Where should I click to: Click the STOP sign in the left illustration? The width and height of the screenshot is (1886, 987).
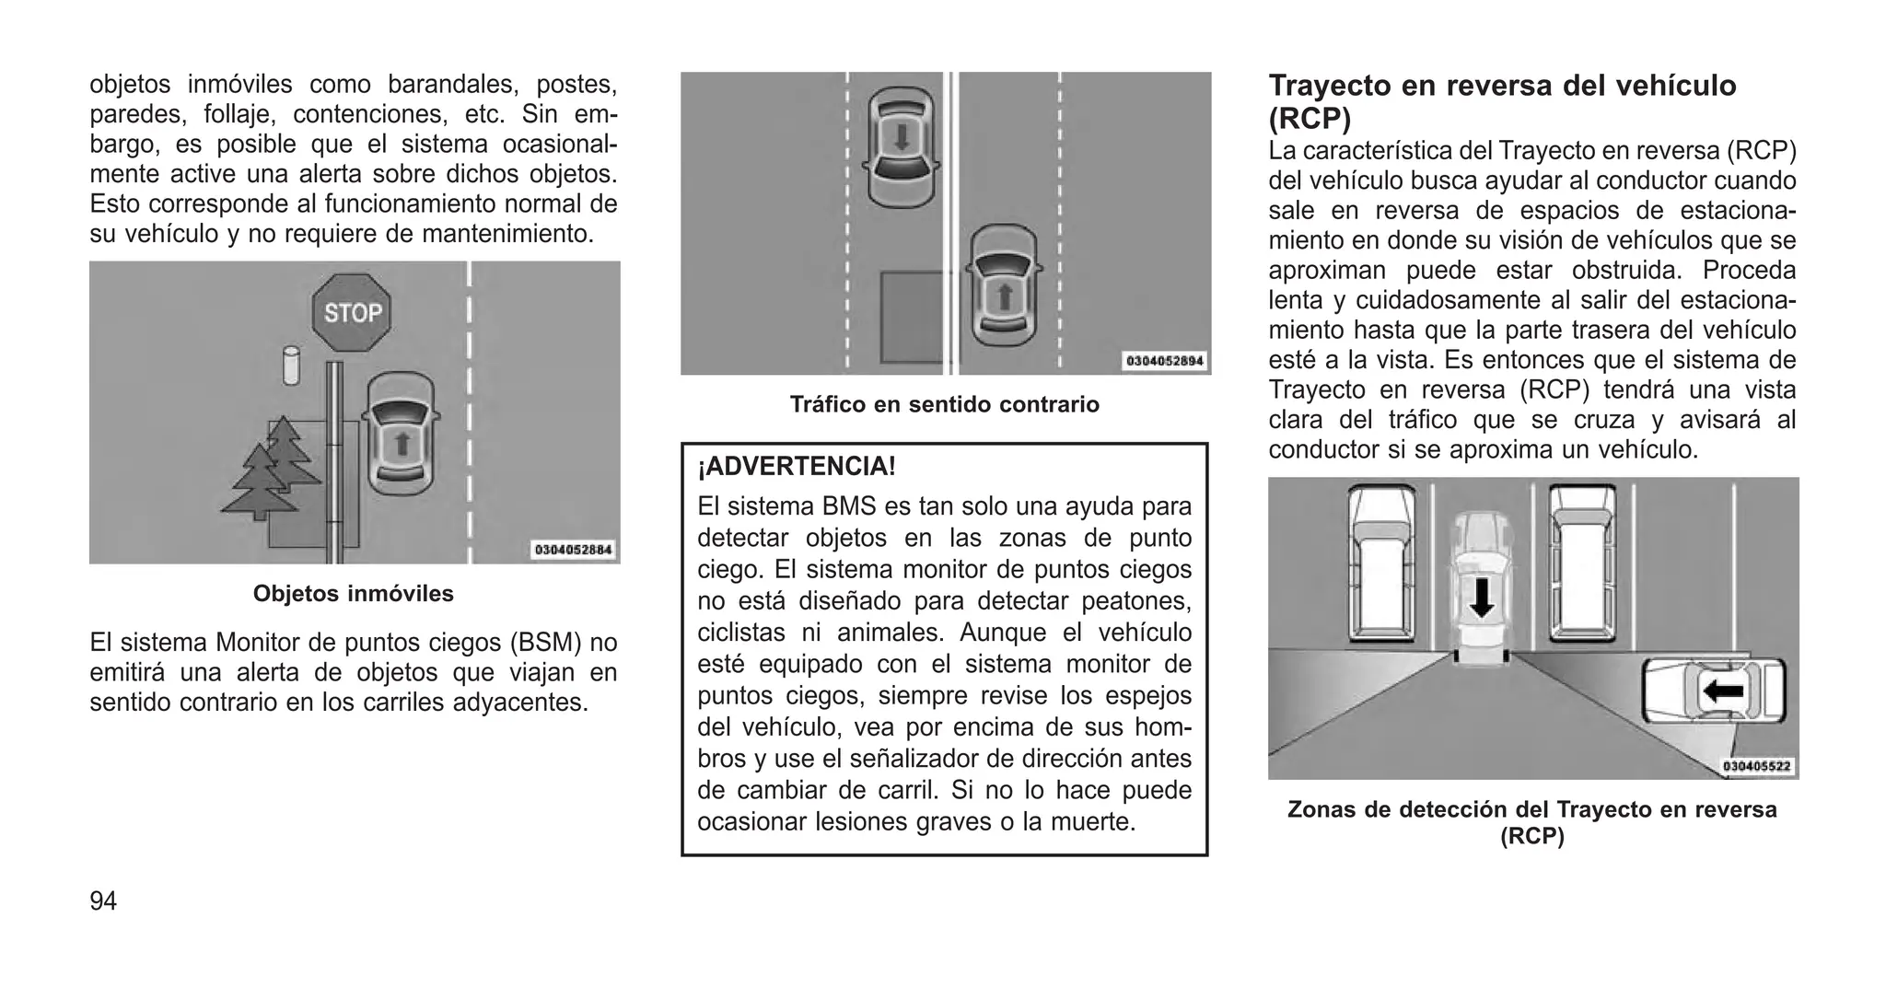(x=352, y=312)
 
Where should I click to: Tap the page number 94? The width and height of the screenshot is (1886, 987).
(x=103, y=901)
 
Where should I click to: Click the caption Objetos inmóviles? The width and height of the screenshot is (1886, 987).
(x=354, y=594)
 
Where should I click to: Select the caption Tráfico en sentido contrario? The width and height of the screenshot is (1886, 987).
(x=944, y=405)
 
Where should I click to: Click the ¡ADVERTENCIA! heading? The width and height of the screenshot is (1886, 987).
(x=797, y=467)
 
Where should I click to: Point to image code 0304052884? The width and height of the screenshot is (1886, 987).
(x=573, y=550)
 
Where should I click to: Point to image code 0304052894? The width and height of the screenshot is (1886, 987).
(x=1164, y=361)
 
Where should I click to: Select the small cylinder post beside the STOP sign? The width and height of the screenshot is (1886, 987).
(x=291, y=366)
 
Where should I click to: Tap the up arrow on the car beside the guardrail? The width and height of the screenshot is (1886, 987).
(x=402, y=445)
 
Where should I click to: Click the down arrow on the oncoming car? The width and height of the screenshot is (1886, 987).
(x=902, y=138)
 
